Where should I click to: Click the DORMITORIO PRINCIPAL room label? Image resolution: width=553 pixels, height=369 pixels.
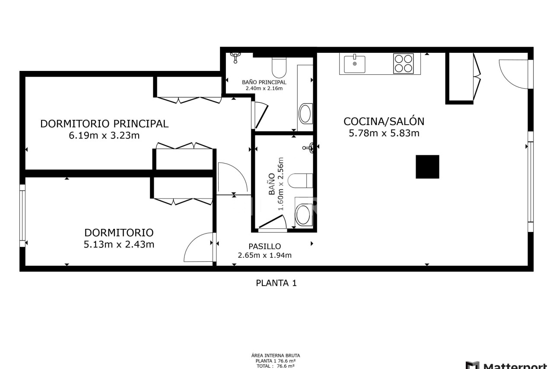(104, 124)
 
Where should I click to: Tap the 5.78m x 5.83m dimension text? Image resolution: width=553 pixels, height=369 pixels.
(384, 134)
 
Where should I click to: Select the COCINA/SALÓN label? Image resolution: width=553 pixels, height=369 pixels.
(384, 122)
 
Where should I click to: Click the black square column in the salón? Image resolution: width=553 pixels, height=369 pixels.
(427, 167)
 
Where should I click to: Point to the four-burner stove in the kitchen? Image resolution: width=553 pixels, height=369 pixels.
(404, 64)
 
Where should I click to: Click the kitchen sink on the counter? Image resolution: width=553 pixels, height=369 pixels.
(355, 64)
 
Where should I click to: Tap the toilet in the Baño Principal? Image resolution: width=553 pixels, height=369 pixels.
(279, 67)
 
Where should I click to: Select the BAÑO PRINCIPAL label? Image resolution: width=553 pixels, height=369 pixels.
(264, 82)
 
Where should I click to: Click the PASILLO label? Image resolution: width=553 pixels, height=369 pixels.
(265, 247)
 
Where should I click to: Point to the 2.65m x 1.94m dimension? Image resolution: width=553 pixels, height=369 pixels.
(265, 255)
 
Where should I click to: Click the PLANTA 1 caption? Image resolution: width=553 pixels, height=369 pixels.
(276, 283)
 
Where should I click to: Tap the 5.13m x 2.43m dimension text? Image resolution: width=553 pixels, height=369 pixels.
(119, 245)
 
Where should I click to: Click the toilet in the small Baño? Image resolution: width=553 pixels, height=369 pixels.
(300, 181)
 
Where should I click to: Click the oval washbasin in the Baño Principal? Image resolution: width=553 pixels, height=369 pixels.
(305, 114)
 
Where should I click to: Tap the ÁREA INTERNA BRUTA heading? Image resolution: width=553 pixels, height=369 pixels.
(276, 356)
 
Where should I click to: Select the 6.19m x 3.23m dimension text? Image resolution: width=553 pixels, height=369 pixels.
(104, 136)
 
